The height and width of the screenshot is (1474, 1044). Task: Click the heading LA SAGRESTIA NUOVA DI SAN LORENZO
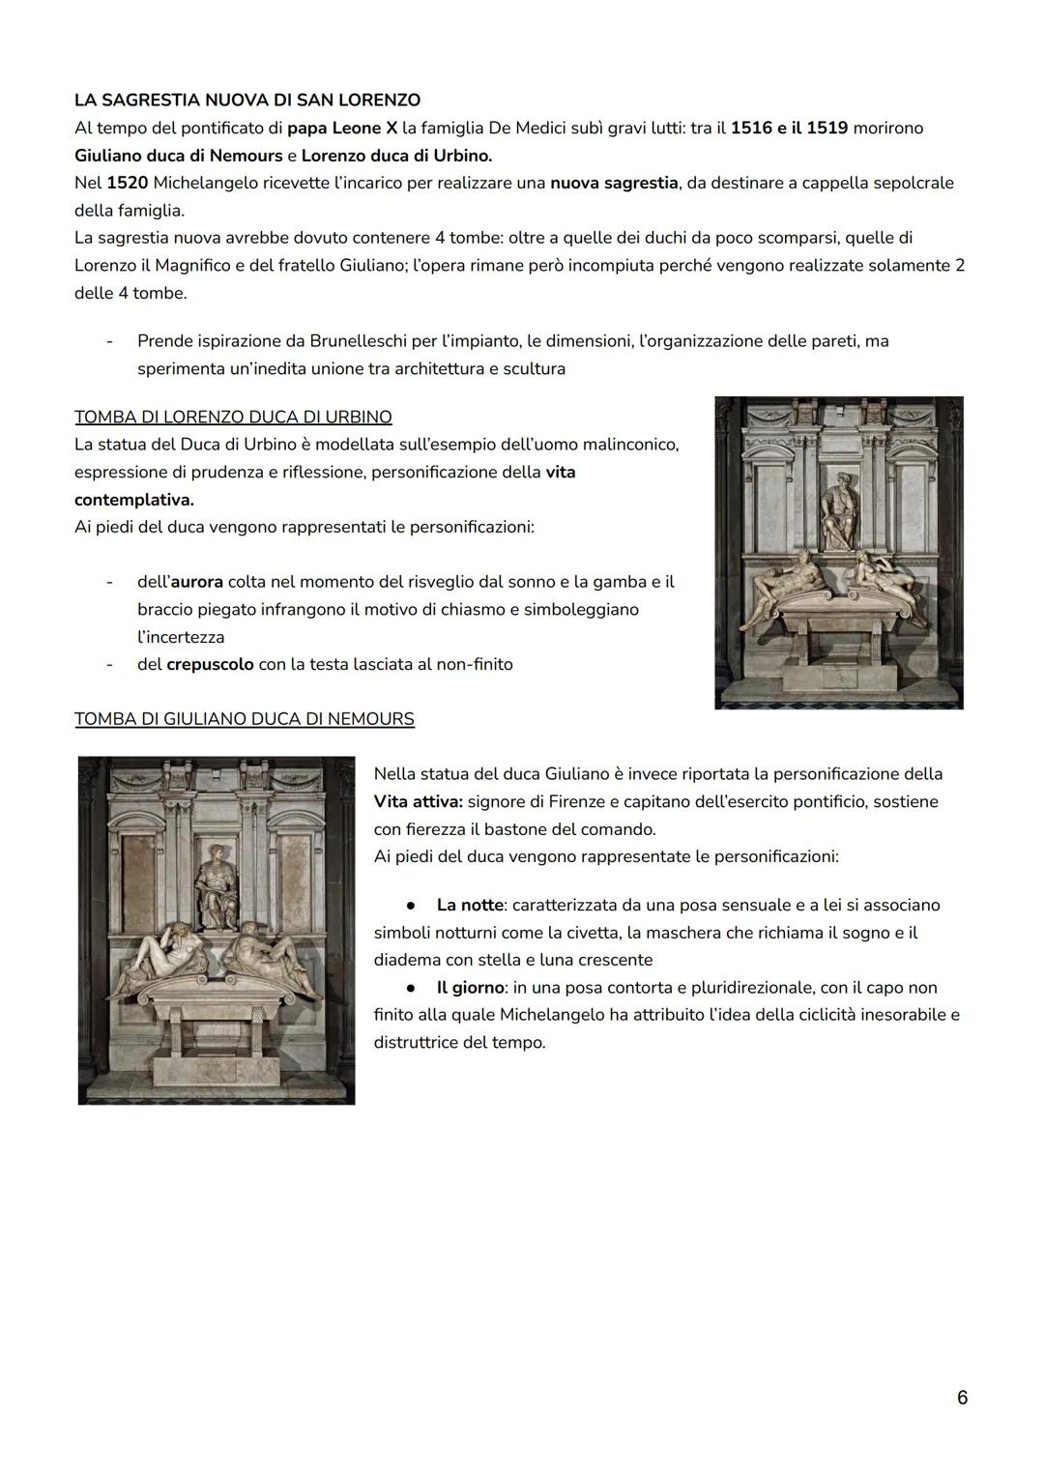[x=247, y=100]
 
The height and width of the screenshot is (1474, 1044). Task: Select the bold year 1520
[x=128, y=183]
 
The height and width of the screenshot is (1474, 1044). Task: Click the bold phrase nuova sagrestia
[x=614, y=183]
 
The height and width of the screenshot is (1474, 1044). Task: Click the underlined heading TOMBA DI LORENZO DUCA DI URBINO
[x=233, y=418]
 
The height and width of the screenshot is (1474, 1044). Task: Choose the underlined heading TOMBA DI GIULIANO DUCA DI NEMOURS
[x=245, y=719]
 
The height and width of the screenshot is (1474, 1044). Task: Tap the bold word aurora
[x=197, y=582]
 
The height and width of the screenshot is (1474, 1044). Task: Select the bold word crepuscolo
[x=210, y=665]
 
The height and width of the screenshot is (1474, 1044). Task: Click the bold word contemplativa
[x=133, y=500]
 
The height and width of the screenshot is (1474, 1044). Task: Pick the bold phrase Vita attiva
[x=418, y=801]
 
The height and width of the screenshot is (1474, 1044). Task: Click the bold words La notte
[x=470, y=906]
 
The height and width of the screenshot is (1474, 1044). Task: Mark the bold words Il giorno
[x=470, y=988]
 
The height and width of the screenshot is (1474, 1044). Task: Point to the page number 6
[x=962, y=1398]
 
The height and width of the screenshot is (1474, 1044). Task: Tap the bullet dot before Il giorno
[x=411, y=988]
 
